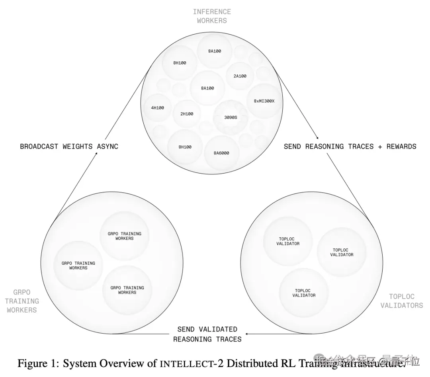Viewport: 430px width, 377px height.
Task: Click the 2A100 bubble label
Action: click(x=240, y=76)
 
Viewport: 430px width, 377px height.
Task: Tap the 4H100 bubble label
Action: click(x=157, y=108)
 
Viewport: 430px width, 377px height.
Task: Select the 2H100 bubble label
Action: click(x=186, y=114)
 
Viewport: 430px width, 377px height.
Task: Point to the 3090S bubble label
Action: click(x=231, y=118)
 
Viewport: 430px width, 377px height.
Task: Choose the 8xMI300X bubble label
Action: click(x=264, y=101)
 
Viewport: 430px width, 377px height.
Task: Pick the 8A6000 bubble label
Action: click(x=221, y=153)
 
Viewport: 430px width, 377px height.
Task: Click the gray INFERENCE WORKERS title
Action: click(x=212, y=16)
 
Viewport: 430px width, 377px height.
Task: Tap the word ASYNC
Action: click(x=107, y=147)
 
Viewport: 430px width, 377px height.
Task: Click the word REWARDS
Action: click(x=401, y=147)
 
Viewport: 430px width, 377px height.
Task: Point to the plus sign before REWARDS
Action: click(x=380, y=147)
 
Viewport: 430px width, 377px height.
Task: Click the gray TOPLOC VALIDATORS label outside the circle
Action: click(x=401, y=301)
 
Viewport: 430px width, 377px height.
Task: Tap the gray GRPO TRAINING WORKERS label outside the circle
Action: click(x=22, y=301)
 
